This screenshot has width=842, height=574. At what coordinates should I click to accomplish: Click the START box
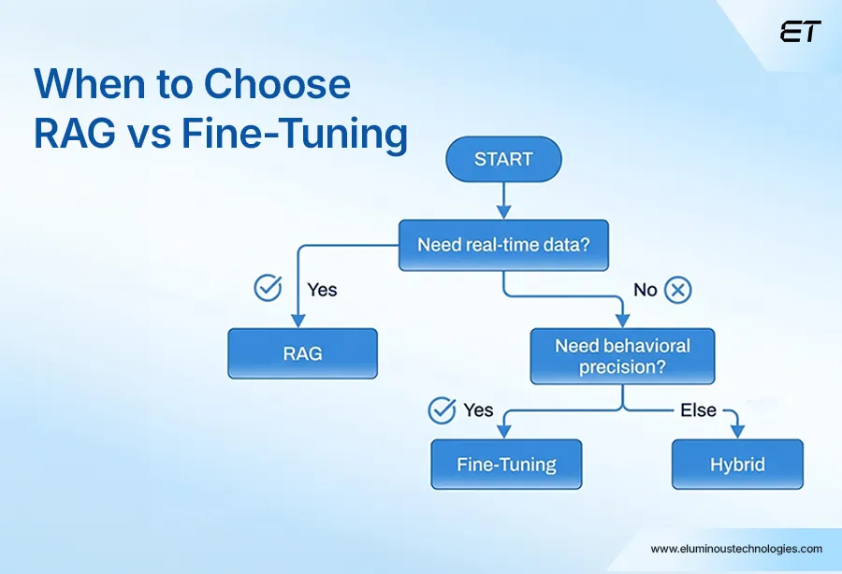coord(503,159)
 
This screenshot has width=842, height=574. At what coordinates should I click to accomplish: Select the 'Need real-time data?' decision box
coord(502,245)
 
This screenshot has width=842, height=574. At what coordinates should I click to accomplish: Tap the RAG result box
coord(302,353)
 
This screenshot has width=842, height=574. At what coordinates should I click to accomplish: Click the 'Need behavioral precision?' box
coord(622,356)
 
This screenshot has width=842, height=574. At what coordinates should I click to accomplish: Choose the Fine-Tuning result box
coord(506,464)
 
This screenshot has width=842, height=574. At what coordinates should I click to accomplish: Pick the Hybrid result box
coord(737,464)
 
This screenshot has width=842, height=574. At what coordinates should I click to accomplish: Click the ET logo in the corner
coord(800,33)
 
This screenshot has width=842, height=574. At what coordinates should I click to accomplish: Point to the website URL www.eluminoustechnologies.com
coord(736,549)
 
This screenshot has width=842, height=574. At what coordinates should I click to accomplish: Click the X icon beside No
coord(677,290)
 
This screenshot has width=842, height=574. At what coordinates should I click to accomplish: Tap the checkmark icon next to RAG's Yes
coord(269,289)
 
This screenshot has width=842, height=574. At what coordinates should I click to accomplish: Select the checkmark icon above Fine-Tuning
coord(442,409)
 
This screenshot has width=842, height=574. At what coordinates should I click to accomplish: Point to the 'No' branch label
coord(646,290)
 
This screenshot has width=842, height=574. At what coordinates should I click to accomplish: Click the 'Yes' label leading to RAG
coord(322,290)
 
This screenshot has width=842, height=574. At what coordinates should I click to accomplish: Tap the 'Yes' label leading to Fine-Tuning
coord(478,409)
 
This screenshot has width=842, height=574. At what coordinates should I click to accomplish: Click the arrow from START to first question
coord(503,200)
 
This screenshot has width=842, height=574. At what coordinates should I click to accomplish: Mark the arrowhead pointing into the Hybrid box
coord(737,431)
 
